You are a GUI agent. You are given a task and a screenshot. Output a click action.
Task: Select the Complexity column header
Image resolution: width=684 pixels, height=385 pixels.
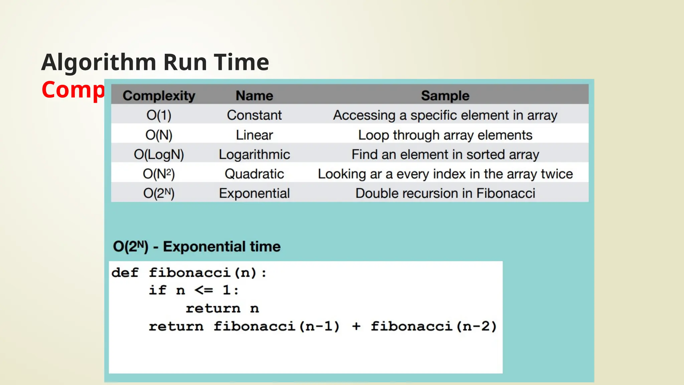point(159,96)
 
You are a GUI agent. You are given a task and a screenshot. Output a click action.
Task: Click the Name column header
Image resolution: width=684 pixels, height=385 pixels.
point(254,96)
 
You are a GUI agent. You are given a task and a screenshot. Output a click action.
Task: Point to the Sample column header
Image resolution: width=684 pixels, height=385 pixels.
point(445,96)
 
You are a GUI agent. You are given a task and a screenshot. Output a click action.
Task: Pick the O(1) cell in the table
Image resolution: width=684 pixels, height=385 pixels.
point(159,115)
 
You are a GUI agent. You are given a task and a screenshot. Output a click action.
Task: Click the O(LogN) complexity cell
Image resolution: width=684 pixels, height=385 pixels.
point(159,154)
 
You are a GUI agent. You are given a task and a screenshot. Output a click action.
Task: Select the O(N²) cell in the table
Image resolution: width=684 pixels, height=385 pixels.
point(159,174)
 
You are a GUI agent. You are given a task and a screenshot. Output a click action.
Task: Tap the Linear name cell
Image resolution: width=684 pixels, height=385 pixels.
point(254,135)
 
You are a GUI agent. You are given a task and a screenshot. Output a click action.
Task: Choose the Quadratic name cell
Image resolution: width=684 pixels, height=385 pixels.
point(254,174)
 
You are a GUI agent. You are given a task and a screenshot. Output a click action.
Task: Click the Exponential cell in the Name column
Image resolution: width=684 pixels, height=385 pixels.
point(254,193)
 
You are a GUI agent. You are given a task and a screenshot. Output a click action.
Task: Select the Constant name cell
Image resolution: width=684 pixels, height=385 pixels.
point(254,115)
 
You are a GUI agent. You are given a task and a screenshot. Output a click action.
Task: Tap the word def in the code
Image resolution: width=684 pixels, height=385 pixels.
point(125,273)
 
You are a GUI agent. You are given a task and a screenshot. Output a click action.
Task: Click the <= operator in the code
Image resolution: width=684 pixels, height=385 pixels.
point(204,290)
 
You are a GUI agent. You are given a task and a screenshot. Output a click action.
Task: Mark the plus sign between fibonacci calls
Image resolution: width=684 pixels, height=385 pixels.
point(356,326)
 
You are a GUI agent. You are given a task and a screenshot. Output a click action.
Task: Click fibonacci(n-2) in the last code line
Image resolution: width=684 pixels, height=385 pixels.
point(434,326)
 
